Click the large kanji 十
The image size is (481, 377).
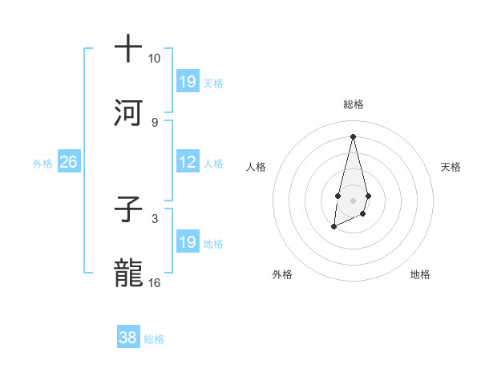(128, 49)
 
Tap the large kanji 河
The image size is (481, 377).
(128, 112)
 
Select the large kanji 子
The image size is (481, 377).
(128, 209)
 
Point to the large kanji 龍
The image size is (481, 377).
(128, 273)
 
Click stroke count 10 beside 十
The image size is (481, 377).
(154, 59)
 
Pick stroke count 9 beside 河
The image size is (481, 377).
(154, 122)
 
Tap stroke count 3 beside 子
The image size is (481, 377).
(154, 218)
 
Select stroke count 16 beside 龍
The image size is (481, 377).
(155, 282)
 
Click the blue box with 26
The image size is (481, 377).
(68, 162)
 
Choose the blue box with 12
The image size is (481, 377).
(188, 162)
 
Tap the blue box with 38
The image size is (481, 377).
(128, 338)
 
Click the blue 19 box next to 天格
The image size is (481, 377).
(188, 81)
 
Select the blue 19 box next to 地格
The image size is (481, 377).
(188, 241)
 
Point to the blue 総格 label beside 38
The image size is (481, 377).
(155, 339)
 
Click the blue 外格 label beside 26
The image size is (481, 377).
(42, 163)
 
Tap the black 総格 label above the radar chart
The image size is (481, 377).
(353, 104)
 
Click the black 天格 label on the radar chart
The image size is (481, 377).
(451, 167)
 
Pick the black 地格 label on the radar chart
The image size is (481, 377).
(420, 274)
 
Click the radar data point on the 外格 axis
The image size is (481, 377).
(333, 228)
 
